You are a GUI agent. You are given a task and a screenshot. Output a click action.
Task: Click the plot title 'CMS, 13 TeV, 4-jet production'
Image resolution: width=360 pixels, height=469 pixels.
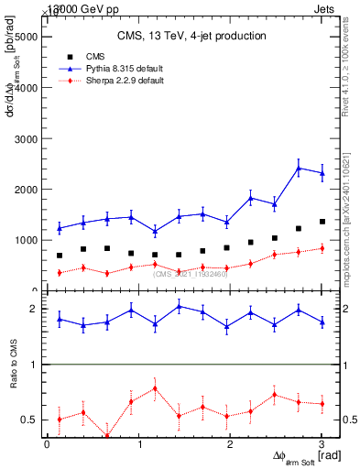pos(191,37)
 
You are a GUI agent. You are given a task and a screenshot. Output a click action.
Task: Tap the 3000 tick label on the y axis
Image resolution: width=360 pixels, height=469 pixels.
pos(25,139)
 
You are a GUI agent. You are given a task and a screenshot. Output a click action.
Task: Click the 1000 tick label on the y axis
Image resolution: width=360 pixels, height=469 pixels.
pos(25,240)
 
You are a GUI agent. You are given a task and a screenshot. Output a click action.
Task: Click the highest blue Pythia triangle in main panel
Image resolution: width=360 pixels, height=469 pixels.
pos(299,168)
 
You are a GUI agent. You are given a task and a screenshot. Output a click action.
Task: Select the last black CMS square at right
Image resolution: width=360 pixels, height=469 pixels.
pos(322,222)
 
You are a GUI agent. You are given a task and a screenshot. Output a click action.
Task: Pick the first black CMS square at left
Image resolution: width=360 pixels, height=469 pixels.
pos(60,256)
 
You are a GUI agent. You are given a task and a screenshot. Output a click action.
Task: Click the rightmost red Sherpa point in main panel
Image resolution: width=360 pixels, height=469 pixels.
pos(322,248)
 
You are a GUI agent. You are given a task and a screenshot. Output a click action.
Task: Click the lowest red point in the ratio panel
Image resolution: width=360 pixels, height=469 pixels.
pos(107,436)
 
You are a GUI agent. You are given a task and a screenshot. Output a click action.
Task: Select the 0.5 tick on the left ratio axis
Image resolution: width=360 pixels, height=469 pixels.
pos(34,420)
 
